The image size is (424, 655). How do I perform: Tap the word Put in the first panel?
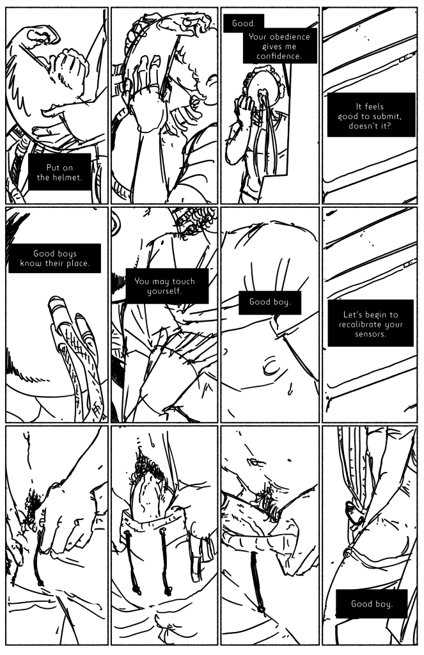tap(53, 168)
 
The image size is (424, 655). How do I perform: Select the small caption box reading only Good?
tap(244, 24)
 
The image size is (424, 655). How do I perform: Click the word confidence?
tap(279, 56)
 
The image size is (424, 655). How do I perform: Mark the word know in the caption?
tap(29, 264)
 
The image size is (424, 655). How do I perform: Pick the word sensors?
tap(370, 334)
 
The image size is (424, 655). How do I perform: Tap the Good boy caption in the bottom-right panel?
tap(372, 604)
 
